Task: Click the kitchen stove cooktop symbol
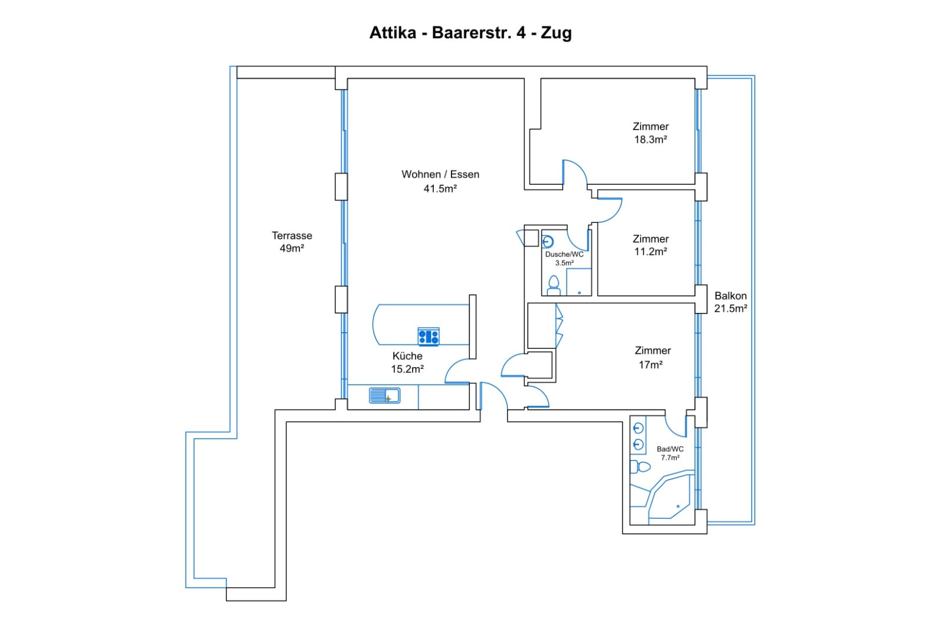(428, 336)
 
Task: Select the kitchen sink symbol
(384, 395)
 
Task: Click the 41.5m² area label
(440, 189)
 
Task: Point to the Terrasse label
(292, 235)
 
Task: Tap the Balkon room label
(730, 296)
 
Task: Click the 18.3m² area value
(650, 140)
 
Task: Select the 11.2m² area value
(650, 252)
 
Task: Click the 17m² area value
(650, 365)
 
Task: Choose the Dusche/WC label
(564, 254)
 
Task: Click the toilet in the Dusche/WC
(553, 286)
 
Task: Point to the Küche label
(407, 356)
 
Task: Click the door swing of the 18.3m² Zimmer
(574, 171)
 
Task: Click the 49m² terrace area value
(292, 249)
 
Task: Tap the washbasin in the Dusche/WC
(548, 241)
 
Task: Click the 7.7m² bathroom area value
(670, 458)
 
